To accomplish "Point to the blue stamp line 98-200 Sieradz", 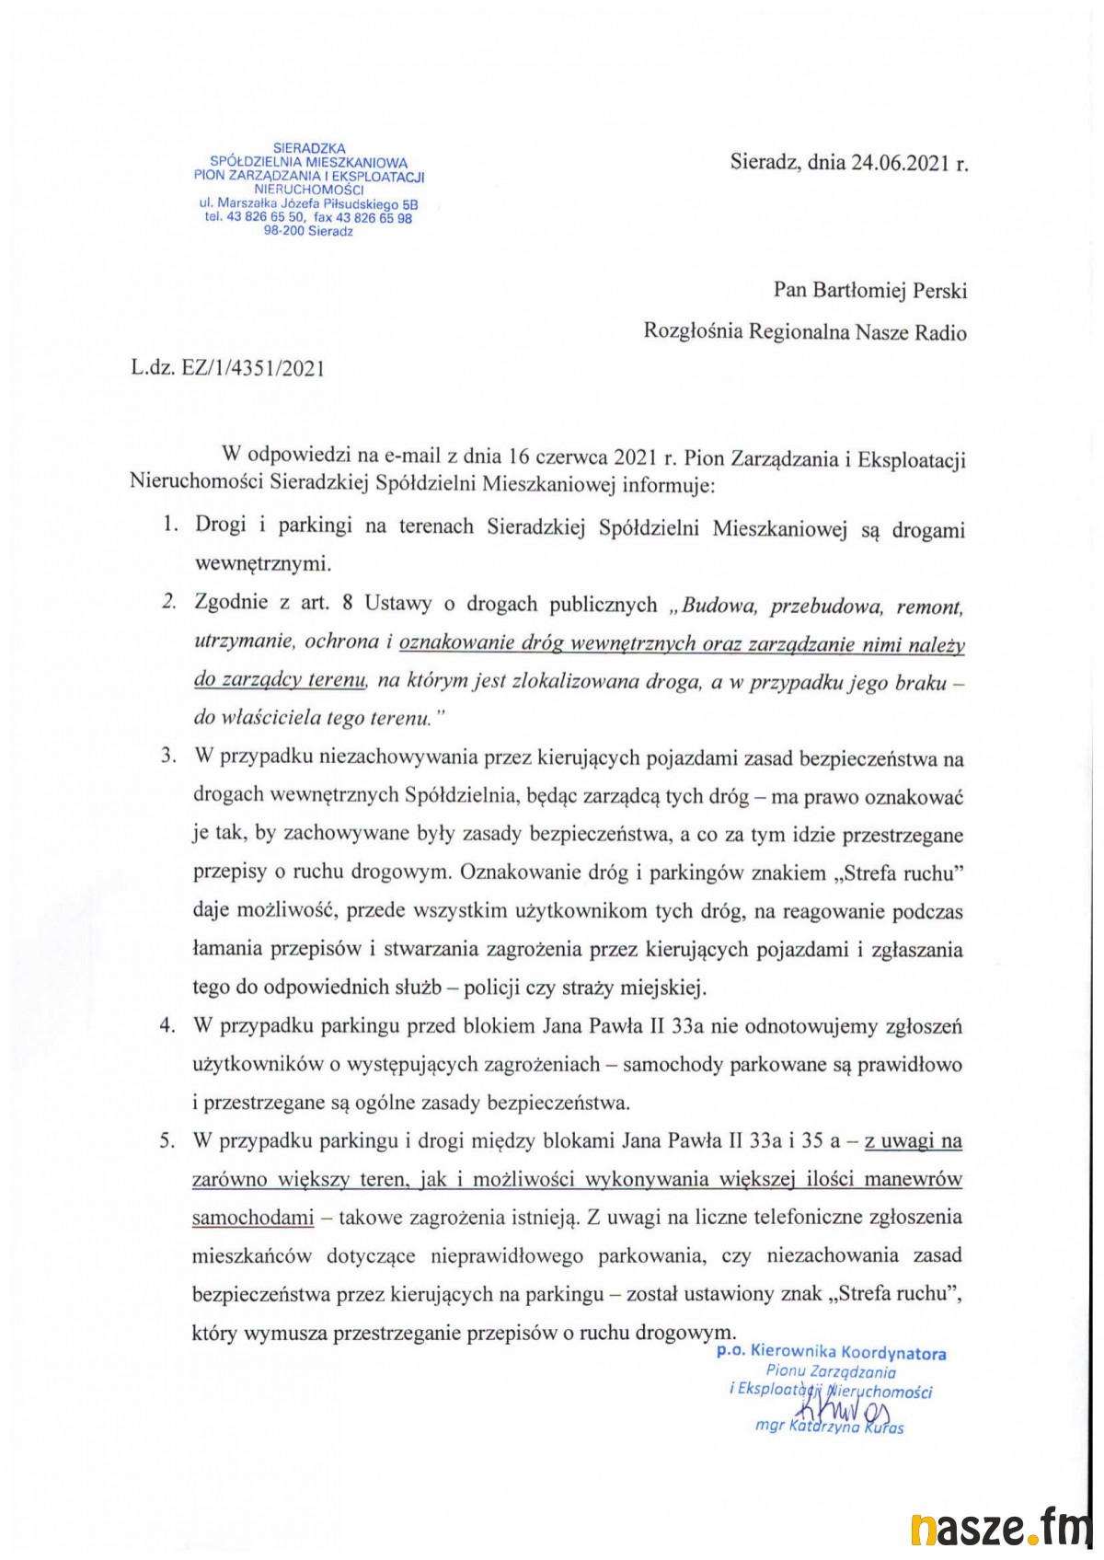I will click(x=308, y=231).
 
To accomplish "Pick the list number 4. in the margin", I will click(x=167, y=1025).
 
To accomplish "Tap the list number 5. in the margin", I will click(x=167, y=1141).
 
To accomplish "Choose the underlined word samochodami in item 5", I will click(x=253, y=1217).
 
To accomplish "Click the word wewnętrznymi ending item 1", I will click(x=262, y=562).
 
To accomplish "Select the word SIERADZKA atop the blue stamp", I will click(x=309, y=147).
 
